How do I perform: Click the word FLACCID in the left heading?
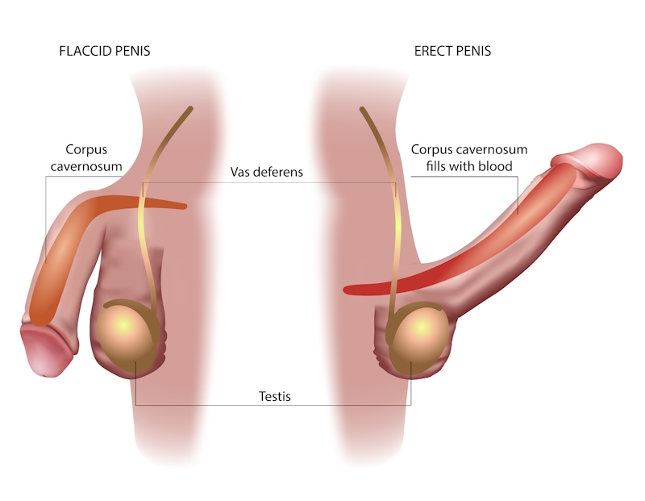[85, 51]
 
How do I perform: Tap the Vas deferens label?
[267, 172]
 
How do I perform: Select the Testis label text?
[275, 396]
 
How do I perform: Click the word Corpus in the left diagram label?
[86, 150]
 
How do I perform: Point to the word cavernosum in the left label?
[86, 166]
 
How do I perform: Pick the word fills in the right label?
[436, 166]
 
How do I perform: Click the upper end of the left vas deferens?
[190, 108]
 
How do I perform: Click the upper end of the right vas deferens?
[362, 109]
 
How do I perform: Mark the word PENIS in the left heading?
[133, 51]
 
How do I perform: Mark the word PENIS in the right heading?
[474, 51]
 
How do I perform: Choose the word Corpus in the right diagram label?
[432, 150]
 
